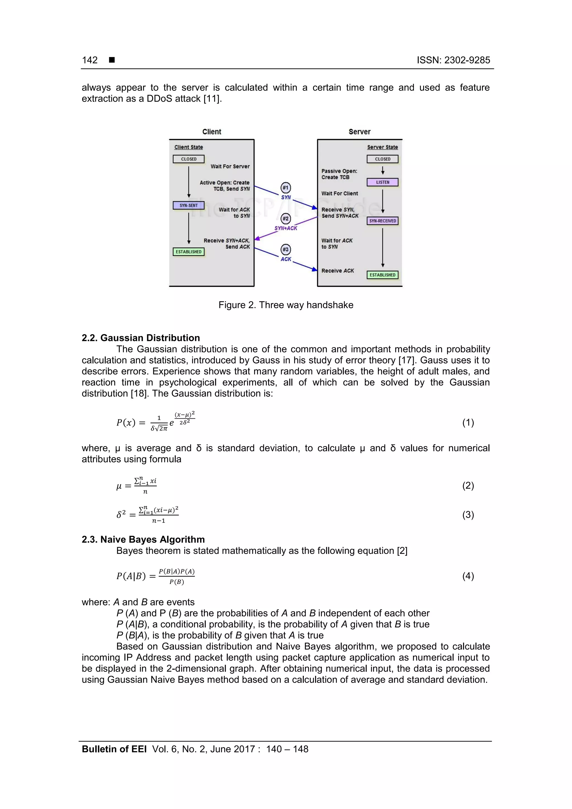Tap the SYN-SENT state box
(x=189, y=206)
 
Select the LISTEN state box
(x=382, y=182)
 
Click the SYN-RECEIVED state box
(x=382, y=221)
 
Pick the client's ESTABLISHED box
(x=189, y=252)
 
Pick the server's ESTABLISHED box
(x=382, y=275)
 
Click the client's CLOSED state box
(x=189, y=159)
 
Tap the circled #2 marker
(x=285, y=218)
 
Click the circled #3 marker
(x=285, y=249)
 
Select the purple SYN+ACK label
(x=286, y=228)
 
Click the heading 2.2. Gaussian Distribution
(x=140, y=338)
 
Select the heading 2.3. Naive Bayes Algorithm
(x=143, y=540)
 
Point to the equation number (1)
(x=468, y=423)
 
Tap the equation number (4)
(x=468, y=576)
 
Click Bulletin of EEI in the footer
(x=114, y=749)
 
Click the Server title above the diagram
(x=359, y=132)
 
